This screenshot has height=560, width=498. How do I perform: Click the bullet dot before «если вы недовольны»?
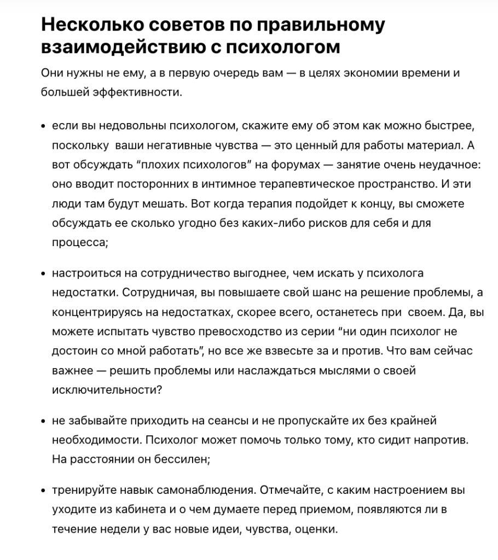click(43, 127)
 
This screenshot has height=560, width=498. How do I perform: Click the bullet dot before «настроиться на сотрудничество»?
click(43, 273)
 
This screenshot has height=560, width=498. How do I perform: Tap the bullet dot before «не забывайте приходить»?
click(43, 421)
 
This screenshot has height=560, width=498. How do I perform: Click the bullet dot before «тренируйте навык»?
click(43, 491)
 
